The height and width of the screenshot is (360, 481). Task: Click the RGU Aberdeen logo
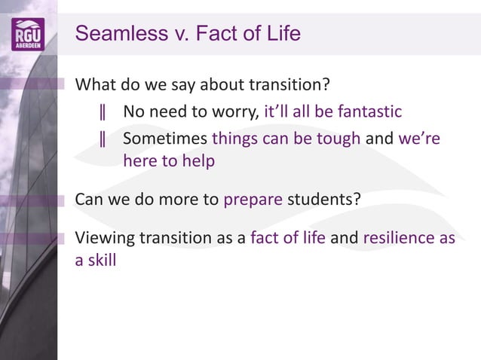[28, 34]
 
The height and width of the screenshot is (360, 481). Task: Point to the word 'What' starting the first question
[96, 84]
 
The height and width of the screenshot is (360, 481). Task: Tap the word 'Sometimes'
[165, 139]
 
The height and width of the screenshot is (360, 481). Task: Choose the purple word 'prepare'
[254, 200]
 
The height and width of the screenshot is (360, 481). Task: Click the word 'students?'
[324, 200]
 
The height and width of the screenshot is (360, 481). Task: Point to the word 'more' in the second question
[198, 200]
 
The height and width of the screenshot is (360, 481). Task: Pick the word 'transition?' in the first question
[290, 84]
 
